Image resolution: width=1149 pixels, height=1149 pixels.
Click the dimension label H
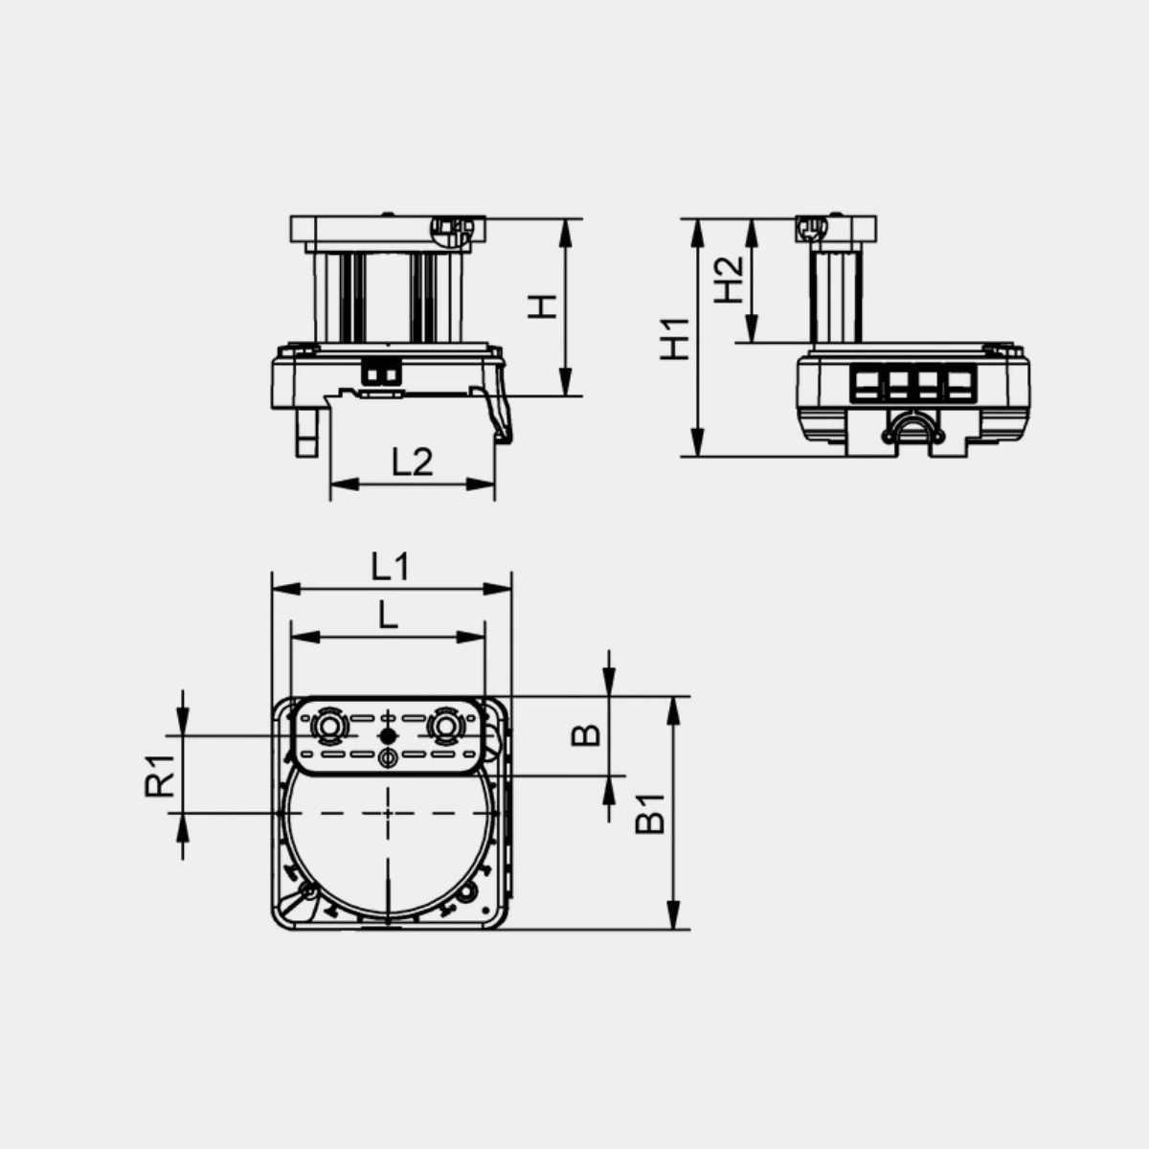click(x=542, y=306)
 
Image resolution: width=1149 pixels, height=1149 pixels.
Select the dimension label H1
click(x=674, y=339)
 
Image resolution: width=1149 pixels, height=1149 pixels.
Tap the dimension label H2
click(x=729, y=281)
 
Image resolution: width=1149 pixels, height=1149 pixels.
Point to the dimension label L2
click(x=412, y=462)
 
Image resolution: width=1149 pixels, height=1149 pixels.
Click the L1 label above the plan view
click(x=391, y=567)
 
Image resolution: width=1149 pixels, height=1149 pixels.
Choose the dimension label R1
click(x=160, y=776)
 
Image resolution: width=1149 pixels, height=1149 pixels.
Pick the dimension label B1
click(x=650, y=814)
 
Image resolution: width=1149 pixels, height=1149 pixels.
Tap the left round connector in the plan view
click(x=327, y=726)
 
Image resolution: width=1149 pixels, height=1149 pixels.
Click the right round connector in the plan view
click(x=444, y=726)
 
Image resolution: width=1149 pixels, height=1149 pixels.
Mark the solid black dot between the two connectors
click(x=388, y=735)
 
